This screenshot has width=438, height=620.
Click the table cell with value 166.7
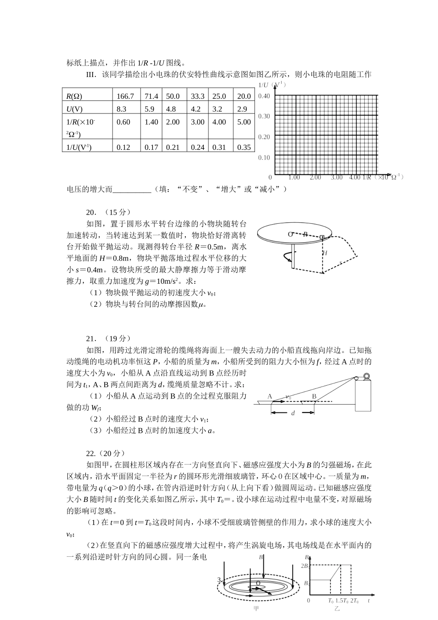(125, 96)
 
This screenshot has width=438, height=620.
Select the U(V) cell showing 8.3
(121, 109)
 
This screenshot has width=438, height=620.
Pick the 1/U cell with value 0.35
(244, 147)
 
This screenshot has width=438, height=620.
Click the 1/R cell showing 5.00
(244, 122)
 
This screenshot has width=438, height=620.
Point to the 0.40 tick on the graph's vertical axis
(264, 96)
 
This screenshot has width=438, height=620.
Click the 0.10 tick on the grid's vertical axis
(264, 158)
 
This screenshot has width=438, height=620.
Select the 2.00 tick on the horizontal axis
(315, 178)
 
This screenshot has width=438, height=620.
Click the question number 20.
(91, 212)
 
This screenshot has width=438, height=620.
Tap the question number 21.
(91, 338)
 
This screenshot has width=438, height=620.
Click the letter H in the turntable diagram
(325, 253)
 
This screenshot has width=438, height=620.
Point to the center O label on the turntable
(290, 234)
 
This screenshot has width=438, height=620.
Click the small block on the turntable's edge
(322, 238)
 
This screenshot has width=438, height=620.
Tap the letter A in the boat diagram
(270, 396)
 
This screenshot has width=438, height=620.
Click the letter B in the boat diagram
(314, 396)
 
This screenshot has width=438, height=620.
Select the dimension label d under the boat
(293, 413)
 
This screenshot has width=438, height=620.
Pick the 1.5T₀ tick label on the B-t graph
(342, 601)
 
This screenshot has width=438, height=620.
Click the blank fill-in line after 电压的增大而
(132, 190)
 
